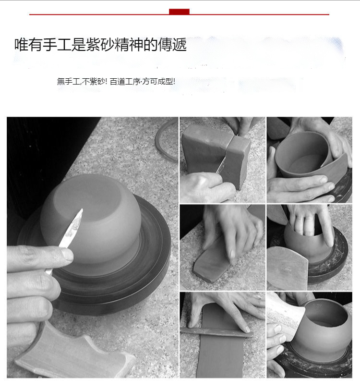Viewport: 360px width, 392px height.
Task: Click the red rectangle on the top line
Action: point(179,12)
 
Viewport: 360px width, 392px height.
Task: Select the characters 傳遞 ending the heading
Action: point(172,45)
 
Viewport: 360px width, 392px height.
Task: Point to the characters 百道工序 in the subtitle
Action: point(125,82)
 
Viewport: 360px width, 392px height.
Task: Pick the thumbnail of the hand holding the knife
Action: point(222,160)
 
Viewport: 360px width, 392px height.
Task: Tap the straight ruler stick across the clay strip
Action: point(216,332)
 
